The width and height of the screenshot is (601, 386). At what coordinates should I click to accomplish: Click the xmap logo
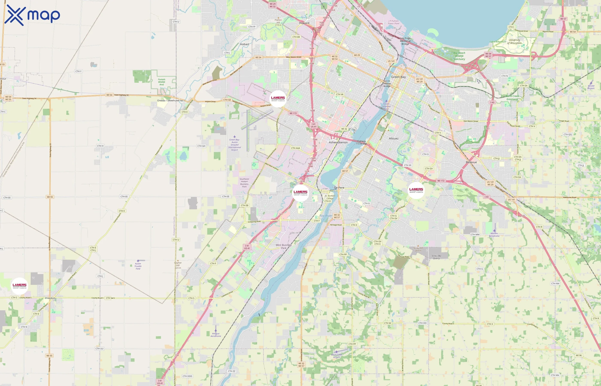click(32, 15)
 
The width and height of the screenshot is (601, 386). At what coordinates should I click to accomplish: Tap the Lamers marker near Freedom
click(20, 286)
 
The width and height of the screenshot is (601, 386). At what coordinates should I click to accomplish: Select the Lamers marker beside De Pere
click(300, 193)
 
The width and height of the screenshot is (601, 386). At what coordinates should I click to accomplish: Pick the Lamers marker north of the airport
click(278, 98)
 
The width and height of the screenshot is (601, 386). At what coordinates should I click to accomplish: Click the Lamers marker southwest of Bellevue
click(416, 190)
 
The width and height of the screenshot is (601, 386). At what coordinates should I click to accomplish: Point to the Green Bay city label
click(398, 77)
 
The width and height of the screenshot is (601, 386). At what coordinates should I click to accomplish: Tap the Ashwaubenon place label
click(338, 142)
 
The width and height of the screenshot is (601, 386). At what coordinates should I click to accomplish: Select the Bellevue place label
click(471, 162)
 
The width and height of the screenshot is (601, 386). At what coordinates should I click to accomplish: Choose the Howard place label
click(304, 23)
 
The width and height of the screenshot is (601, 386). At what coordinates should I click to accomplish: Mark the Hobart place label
click(244, 44)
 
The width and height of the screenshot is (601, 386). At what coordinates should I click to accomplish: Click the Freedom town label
click(50, 298)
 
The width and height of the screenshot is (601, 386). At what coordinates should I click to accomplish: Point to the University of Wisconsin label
click(514, 42)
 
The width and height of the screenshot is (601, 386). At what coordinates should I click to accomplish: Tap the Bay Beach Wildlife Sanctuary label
click(459, 56)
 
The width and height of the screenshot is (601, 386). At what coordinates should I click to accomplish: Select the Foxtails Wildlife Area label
click(162, 82)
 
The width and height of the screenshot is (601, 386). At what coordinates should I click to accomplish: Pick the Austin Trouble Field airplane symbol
click(138, 261)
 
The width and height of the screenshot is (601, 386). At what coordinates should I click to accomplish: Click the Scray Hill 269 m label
click(418, 249)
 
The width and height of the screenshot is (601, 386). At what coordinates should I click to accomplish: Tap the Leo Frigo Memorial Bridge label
click(405, 41)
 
